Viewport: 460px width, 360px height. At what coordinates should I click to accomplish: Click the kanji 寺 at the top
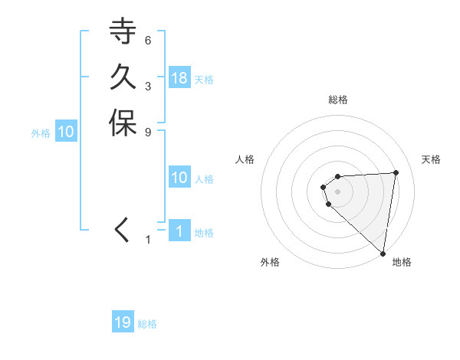coord(123,31)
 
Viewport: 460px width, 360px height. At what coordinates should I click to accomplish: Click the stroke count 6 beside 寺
coord(148,40)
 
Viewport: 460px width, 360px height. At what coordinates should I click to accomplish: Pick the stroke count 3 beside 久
coord(148,85)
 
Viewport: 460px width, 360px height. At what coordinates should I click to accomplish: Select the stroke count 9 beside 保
coord(148,131)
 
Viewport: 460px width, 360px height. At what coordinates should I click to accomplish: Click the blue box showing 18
coord(179,77)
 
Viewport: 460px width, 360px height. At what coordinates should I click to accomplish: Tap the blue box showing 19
coord(123,322)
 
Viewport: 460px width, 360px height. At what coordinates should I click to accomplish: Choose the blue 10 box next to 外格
coord(66,132)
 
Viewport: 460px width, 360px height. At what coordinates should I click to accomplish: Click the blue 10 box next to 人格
coord(179,178)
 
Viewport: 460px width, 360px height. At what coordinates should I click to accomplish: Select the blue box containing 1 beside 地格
coord(179,231)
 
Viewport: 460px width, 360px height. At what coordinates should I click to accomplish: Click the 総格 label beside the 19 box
coord(148,324)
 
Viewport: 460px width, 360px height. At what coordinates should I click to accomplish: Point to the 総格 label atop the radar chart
coord(338,100)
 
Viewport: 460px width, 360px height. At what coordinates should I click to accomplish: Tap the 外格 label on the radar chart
coord(270,263)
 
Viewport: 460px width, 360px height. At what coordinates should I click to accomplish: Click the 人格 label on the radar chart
coord(245,159)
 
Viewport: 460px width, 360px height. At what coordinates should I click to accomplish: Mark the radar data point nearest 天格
coord(396,172)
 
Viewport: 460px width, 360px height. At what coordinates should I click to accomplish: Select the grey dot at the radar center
coord(338,191)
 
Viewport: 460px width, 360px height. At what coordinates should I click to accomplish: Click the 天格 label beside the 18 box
coord(204,80)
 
